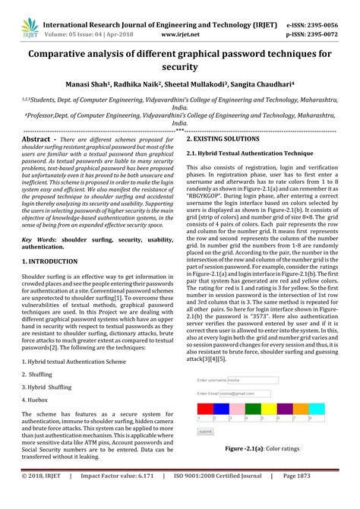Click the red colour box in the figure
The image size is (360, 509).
205,409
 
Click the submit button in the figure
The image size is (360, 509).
205,431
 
